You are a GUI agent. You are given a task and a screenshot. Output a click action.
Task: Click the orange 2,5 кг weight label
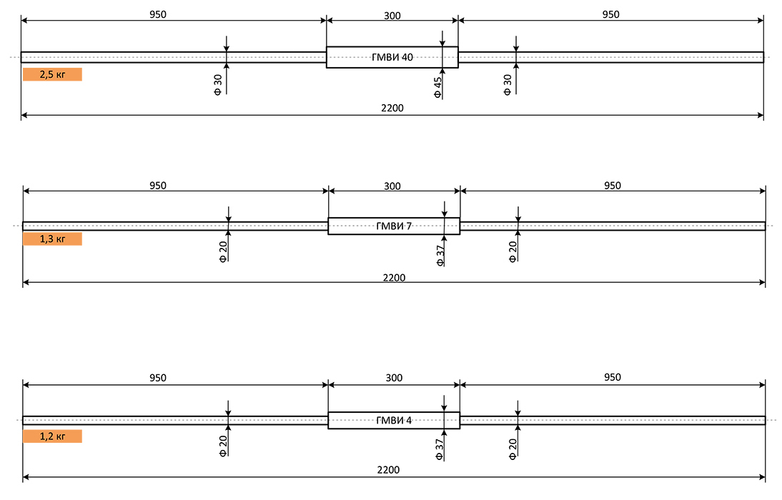(x=52, y=74)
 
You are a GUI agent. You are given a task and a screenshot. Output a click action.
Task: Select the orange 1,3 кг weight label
(x=52, y=239)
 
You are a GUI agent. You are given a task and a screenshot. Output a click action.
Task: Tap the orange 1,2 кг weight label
(x=52, y=436)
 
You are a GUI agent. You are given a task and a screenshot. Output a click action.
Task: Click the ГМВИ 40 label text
(x=392, y=57)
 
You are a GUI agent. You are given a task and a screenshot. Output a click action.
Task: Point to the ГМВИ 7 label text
(x=394, y=226)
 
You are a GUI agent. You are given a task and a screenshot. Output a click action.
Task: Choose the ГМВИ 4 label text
(x=394, y=420)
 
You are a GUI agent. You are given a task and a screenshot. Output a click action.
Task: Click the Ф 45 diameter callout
(x=438, y=87)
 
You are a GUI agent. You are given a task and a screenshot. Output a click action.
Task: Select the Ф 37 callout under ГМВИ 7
(x=440, y=255)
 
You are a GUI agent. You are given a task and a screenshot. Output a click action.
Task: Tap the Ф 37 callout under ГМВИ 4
(x=439, y=449)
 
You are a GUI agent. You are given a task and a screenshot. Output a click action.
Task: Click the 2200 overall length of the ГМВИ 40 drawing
(x=392, y=108)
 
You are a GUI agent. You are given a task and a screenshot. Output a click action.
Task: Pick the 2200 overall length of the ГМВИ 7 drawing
(x=394, y=278)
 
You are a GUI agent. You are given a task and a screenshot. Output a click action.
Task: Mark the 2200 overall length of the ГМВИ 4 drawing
(x=389, y=469)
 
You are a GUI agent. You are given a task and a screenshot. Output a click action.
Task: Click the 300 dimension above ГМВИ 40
(x=392, y=16)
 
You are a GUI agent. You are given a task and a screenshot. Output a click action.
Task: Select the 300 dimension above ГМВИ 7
(x=392, y=186)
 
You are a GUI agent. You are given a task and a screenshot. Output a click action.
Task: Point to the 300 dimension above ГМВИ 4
(x=394, y=378)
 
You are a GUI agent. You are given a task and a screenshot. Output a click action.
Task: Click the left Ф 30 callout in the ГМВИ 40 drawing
(x=218, y=85)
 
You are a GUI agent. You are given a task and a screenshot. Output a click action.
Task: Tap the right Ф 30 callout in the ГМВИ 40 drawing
(x=508, y=85)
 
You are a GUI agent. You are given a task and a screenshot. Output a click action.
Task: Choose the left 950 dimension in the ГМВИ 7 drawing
(x=158, y=186)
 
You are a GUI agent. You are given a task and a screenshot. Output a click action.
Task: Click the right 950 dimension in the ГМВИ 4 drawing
(x=613, y=377)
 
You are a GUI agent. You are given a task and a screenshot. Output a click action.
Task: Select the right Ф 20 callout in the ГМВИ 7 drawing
(x=513, y=252)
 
